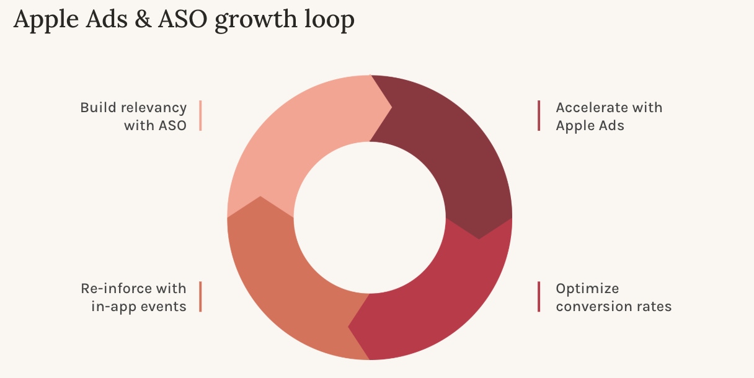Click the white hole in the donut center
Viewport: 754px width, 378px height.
(x=370, y=217)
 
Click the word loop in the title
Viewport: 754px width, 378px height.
(x=330, y=21)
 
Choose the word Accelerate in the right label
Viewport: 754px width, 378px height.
(x=592, y=108)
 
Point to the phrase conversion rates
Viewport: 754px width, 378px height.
(x=613, y=306)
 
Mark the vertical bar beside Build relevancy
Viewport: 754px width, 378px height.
(x=200, y=116)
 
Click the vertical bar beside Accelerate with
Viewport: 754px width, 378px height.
(x=539, y=116)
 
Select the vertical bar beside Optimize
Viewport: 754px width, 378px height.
(x=539, y=297)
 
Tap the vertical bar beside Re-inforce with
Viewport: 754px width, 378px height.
(x=200, y=297)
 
